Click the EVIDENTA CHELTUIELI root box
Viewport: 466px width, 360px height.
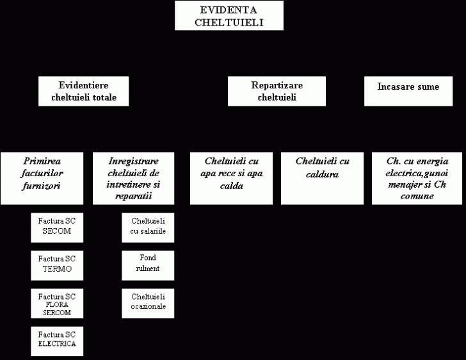click(x=229, y=15)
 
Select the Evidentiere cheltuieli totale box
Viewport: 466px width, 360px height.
click(x=83, y=91)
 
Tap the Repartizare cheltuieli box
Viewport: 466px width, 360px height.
click(x=277, y=91)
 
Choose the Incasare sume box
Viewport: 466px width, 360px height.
click(x=408, y=91)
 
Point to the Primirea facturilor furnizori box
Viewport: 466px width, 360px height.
click(x=42, y=179)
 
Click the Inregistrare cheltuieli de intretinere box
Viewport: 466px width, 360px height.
click(x=133, y=179)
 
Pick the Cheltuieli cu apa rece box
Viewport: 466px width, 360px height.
click(x=231, y=179)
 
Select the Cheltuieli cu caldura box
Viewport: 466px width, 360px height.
click(x=322, y=179)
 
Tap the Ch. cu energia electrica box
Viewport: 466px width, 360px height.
click(x=417, y=179)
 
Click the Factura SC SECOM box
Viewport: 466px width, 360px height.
click(x=57, y=227)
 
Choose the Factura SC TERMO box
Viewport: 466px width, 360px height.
click(x=57, y=265)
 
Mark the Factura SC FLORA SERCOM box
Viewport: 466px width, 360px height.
click(x=57, y=304)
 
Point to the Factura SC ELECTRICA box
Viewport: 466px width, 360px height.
click(x=57, y=341)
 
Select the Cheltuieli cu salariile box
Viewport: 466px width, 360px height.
click(x=148, y=227)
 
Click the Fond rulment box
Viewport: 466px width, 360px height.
click(x=148, y=265)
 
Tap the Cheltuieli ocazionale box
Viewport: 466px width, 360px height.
click(x=148, y=304)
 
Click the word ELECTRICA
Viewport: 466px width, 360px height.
click(x=57, y=343)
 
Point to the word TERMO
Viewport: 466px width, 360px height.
click(x=57, y=269)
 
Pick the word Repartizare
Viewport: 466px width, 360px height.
click(x=277, y=86)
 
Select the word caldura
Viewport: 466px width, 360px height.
click(x=322, y=174)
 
